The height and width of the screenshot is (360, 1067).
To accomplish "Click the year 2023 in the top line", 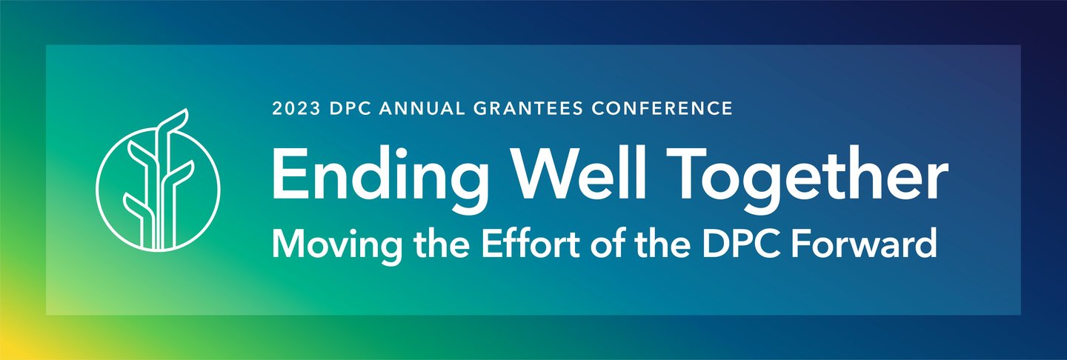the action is tap(296, 109).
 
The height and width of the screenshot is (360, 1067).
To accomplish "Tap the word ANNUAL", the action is tap(422, 109).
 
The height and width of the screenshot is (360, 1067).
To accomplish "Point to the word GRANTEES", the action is tap(528, 109).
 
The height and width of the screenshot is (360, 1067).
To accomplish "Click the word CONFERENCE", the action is tap(662, 109).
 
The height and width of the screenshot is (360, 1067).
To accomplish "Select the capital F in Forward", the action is tap(801, 243).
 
